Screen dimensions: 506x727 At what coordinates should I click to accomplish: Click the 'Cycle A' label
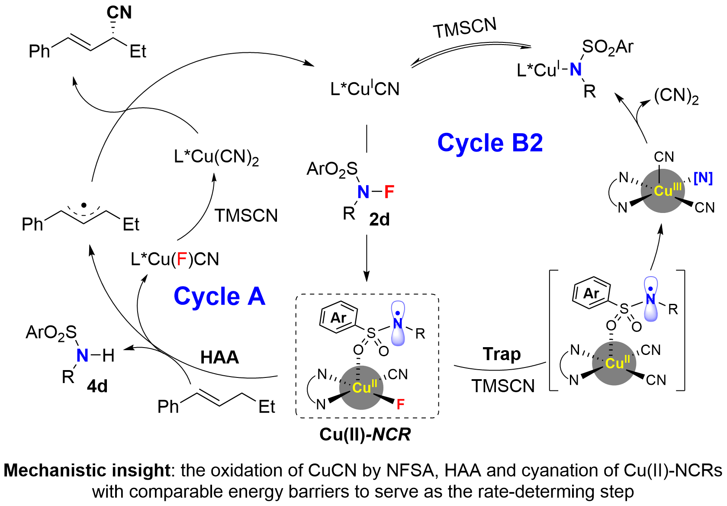[x=219, y=297]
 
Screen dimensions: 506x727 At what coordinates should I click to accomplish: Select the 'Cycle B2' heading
[x=490, y=143]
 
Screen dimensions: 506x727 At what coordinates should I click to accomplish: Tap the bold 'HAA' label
[x=219, y=358]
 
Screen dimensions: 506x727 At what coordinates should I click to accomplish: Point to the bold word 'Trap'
[x=502, y=354]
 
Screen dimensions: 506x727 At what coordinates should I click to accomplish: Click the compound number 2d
[x=379, y=220]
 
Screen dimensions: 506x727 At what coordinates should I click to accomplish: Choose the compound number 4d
[x=97, y=386]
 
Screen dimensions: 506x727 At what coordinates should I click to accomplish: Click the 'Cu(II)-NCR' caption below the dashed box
[x=365, y=434]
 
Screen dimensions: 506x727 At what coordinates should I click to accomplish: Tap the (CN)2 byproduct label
[x=676, y=96]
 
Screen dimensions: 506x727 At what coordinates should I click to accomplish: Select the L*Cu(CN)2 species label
[x=216, y=157]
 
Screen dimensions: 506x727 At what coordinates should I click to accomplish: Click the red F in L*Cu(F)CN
[x=182, y=259]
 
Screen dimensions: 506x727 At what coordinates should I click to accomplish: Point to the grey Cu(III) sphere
[x=663, y=191]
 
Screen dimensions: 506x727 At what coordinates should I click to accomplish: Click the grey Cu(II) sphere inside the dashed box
[x=361, y=387]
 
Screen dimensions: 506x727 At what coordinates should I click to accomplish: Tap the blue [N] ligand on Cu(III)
[x=703, y=178]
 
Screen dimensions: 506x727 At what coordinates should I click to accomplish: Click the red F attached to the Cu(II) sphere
[x=400, y=404]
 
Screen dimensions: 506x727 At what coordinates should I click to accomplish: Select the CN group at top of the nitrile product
[x=119, y=13]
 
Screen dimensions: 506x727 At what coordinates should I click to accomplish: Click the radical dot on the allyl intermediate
[x=84, y=205]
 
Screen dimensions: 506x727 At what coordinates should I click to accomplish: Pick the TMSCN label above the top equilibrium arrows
[x=465, y=28]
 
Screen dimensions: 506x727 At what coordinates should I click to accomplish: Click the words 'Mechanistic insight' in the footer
[x=87, y=471]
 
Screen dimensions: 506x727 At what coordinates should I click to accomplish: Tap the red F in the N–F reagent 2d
[x=389, y=192]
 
